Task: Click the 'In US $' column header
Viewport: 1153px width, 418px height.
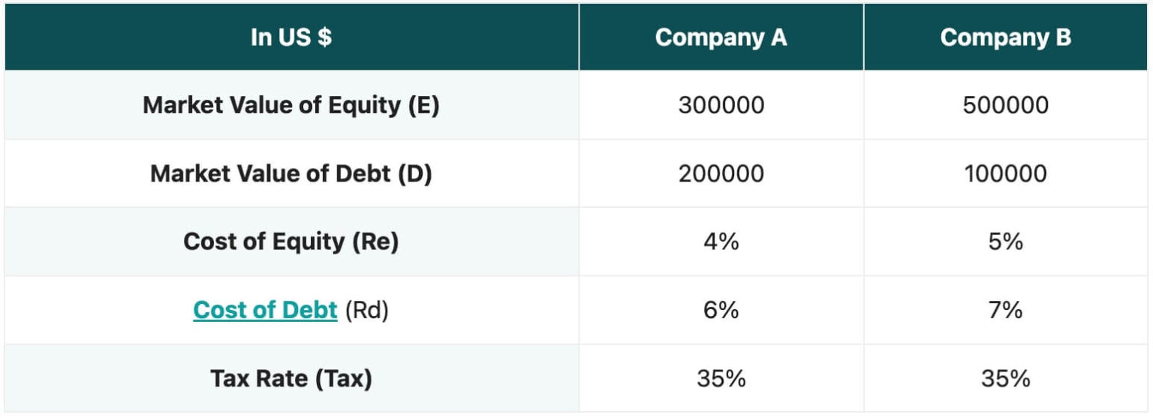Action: click(291, 38)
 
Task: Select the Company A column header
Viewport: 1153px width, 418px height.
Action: click(721, 38)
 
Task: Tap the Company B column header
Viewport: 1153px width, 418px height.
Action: click(1005, 38)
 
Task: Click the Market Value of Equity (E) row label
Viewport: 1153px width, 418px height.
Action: click(291, 105)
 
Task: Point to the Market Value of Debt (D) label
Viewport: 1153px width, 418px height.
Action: click(291, 174)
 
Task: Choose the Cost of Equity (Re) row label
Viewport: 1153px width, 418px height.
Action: click(291, 242)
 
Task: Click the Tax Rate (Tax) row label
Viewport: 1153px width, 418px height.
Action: click(291, 379)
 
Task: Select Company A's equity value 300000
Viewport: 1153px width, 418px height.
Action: click(721, 105)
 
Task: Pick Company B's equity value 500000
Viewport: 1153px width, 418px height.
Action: click(1005, 105)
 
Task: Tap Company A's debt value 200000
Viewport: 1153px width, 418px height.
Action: click(721, 174)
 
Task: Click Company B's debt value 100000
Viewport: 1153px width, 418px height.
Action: click(1005, 174)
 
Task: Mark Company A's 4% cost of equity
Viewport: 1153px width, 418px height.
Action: click(721, 242)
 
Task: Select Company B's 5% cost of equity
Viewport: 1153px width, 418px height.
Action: click(1005, 242)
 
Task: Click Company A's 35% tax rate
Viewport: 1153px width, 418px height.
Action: click(721, 379)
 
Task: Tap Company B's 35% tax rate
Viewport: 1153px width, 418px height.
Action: click(1005, 379)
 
